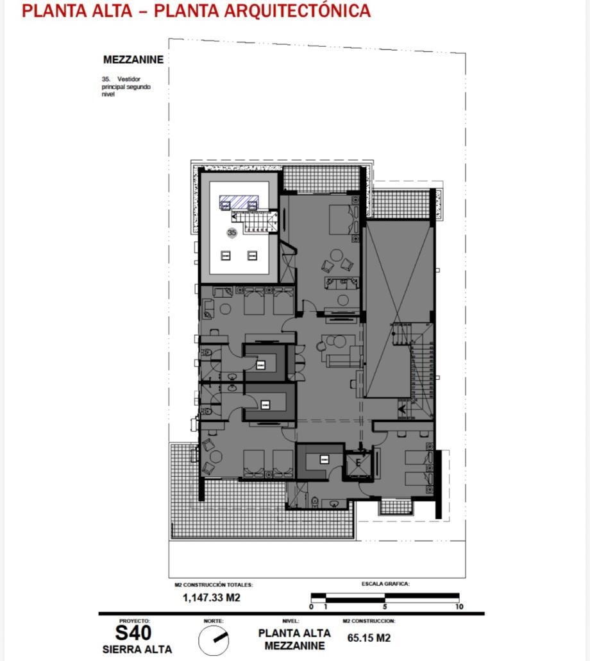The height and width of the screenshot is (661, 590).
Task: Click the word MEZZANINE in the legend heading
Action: [x=133, y=60]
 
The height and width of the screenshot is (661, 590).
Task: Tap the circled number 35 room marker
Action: [x=232, y=232]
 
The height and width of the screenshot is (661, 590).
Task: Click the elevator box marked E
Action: [x=358, y=463]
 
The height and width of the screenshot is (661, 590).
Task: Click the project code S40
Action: [x=133, y=633]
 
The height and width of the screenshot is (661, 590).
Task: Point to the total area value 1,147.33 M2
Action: [x=212, y=597]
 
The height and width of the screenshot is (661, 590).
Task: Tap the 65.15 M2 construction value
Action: [x=369, y=638]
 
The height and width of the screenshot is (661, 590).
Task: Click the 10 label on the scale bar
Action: [x=459, y=606]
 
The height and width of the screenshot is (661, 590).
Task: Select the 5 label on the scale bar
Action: [x=385, y=606]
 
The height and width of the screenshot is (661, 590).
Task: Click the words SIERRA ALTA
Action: [x=137, y=649]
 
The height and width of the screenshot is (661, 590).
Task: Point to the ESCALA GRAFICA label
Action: [x=385, y=584]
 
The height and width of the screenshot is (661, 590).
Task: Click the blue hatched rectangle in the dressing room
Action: [x=239, y=202]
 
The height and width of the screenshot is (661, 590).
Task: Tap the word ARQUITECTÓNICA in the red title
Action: [x=298, y=10]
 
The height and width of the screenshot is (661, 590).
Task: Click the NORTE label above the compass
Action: [x=214, y=621]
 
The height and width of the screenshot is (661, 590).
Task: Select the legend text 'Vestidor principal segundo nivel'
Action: [x=126, y=87]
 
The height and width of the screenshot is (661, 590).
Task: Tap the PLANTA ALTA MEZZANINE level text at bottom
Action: [x=294, y=639]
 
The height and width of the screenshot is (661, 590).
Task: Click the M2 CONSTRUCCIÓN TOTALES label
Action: [x=214, y=585]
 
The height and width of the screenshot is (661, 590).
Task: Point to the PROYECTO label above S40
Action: [x=134, y=621]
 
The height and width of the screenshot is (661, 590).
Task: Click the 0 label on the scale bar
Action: [x=311, y=606]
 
